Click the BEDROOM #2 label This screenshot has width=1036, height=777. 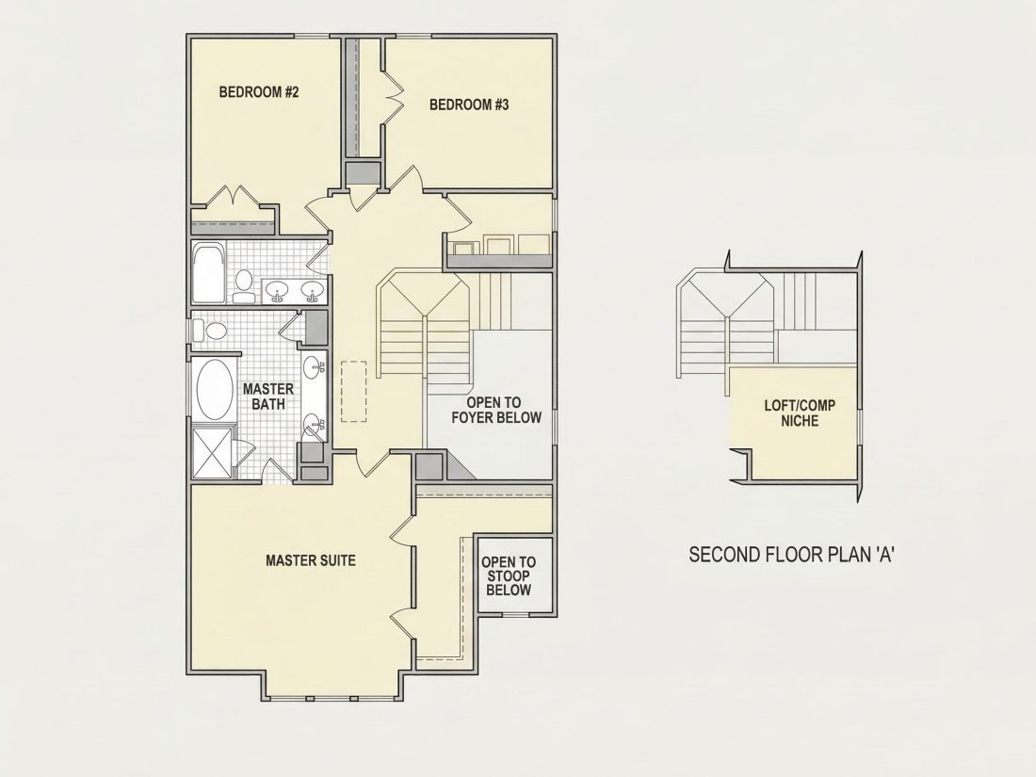tap(259, 92)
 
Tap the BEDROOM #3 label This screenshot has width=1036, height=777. tap(469, 105)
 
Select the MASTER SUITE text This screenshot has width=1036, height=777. tap(311, 560)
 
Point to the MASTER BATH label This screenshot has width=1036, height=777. tap(268, 396)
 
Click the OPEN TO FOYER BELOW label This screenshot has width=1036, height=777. tap(495, 410)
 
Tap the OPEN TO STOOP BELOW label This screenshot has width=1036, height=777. tap(509, 576)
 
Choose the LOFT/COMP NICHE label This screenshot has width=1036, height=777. tap(800, 413)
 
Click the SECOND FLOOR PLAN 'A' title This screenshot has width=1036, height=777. tap(791, 555)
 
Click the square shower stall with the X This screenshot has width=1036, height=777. tap(212, 453)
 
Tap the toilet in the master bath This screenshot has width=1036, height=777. tap(210, 330)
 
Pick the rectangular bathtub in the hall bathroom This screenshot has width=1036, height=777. tap(209, 271)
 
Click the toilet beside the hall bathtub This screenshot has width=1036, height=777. tap(244, 285)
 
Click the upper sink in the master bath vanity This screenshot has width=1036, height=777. tap(315, 364)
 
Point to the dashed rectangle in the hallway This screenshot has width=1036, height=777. tap(354, 391)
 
